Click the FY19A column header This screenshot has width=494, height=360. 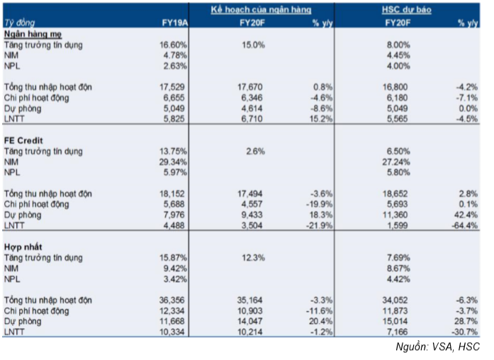174,23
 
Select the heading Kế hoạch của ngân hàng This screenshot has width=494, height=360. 262,10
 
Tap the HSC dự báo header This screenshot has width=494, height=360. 406,10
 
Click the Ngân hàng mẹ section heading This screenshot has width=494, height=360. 33,34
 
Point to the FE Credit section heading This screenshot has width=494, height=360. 23,140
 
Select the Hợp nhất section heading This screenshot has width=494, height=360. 23,247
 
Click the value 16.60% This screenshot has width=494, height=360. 173,45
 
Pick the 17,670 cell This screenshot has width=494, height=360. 250,87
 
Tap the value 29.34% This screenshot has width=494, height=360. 173,162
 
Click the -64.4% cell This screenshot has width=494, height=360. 464,225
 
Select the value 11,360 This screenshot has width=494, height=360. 395,215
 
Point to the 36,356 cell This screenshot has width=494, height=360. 172,300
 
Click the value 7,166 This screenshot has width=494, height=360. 397,332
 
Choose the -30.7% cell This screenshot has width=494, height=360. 464,332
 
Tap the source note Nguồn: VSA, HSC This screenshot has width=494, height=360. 437,347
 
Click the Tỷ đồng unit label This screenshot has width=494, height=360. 19,23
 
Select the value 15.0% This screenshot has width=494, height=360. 253,45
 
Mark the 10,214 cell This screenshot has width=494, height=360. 250,332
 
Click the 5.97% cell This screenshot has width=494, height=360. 175,173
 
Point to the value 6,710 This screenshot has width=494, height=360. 252,119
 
